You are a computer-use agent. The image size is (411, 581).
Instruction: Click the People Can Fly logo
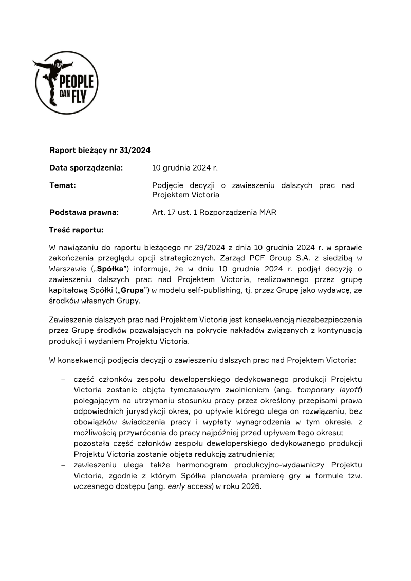coord(66,82)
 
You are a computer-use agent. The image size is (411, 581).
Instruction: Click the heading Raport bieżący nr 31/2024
coord(100,151)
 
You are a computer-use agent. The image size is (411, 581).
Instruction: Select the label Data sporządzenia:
coord(86,168)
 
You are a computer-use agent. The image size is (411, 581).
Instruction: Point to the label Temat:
coord(63,185)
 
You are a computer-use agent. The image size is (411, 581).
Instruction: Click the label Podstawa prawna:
coord(84,212)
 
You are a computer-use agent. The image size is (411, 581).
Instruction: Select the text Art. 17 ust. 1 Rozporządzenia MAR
coord(214,212)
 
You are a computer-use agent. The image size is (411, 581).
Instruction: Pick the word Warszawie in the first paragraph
coord(68,269)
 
